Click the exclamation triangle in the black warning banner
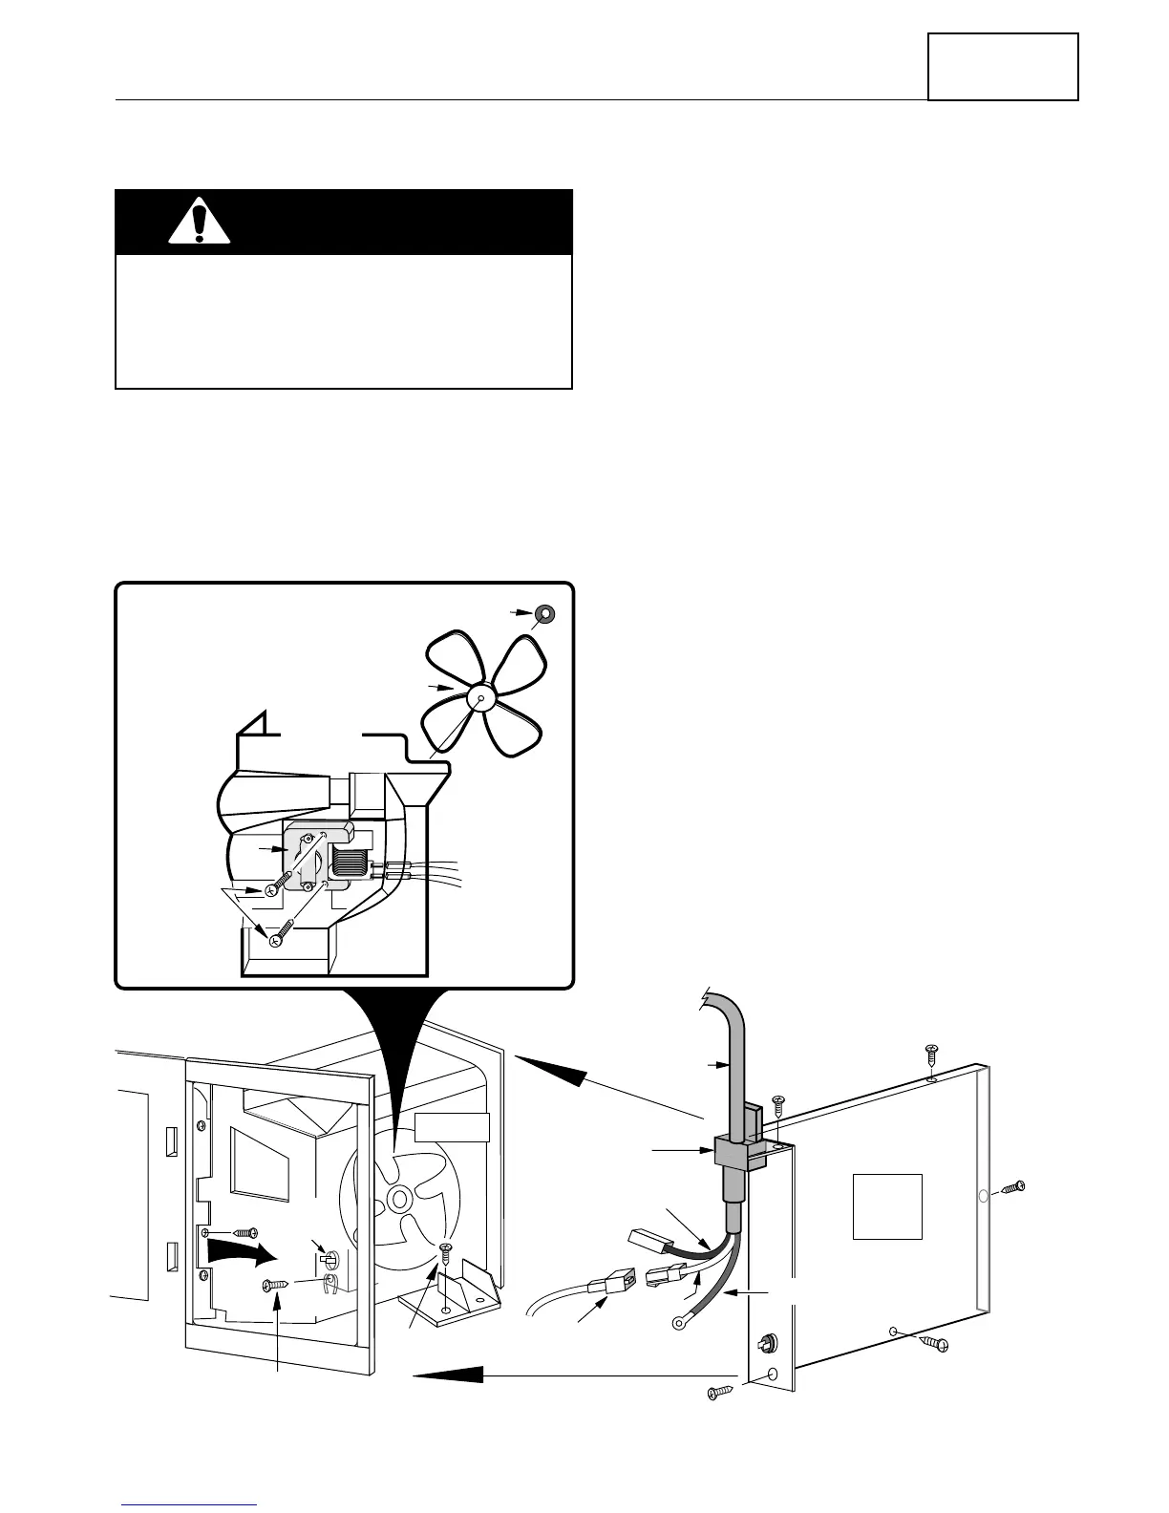coord(200,223)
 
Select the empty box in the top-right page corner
coord(1003,67)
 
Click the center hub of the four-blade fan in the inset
coord(480,698)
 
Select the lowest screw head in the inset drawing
coord(276,939)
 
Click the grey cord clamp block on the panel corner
coord(734,1153)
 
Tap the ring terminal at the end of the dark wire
coord(679,1323)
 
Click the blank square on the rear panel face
coord(887,1206)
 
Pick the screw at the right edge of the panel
coord(1014,1188)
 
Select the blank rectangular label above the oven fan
coord(452,1127)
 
